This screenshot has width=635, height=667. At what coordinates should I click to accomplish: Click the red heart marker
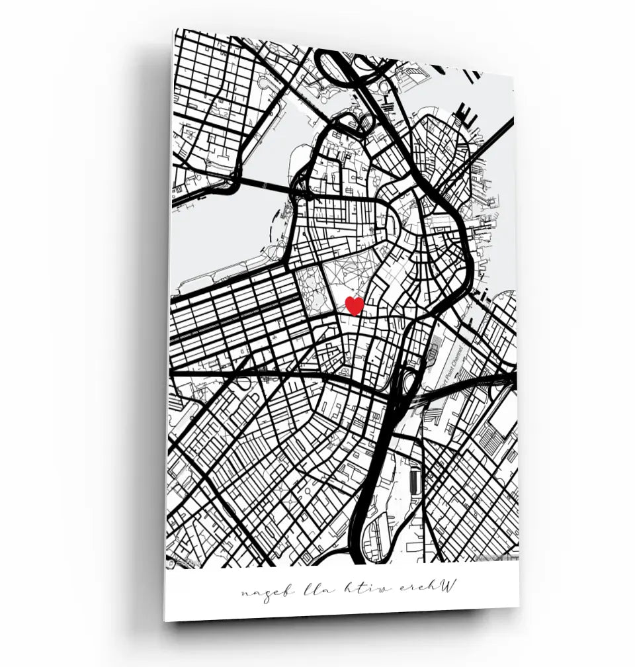coord(355,305)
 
